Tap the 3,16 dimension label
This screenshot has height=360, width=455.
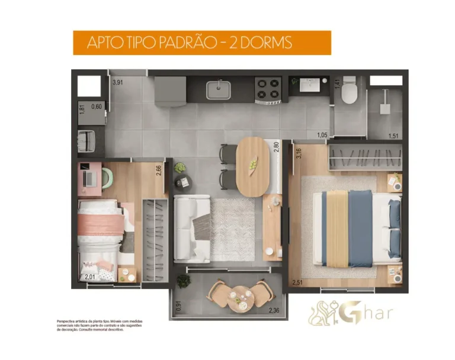pyautogui.click(x=299, y=153)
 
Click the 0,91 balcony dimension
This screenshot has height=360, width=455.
pyautogui.click(x=179, y=307)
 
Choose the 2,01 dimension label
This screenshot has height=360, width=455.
pyautogui.click(x=89, y=277)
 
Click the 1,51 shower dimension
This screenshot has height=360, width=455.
pyautogui.click(x=393, y=136)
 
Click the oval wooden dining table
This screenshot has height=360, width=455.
pyautogui.click(x=253, y=166)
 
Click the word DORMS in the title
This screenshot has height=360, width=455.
pyautogui.click(x=261, y=43)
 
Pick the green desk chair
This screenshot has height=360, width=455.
pyautogui.click(x=107, y=176)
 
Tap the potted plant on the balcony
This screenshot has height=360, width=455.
pyautogui.click(x=183, y=281)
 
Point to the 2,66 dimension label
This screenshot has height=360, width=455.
pyautogui.click(x=159, y=171)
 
